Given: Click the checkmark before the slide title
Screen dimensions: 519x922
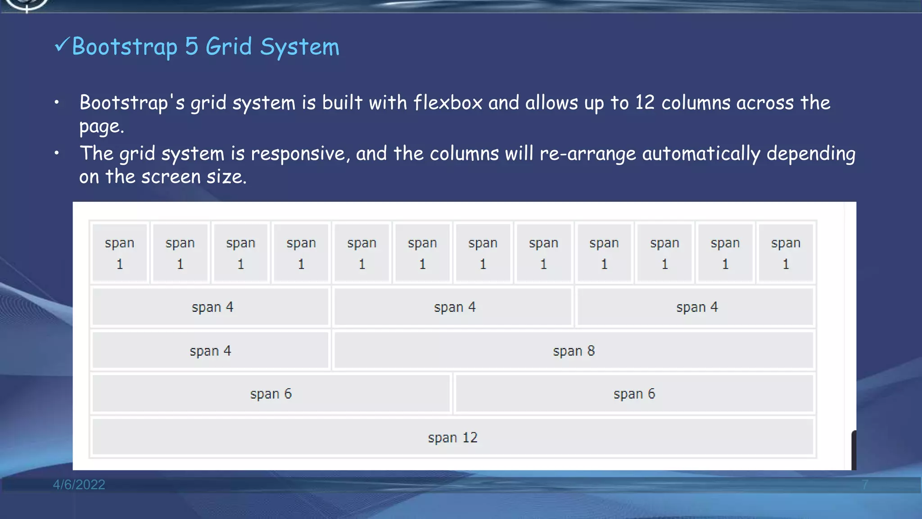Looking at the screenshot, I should pyautogui.click(x=62, y=45).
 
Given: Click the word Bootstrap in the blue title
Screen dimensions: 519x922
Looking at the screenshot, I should pyautogui.click(x=125, y=47).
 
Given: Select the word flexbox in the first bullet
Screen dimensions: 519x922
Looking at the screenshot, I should pyautogui.click(x=448, y=103).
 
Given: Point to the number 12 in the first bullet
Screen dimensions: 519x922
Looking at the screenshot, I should pyautogui.click(x=645, y=103).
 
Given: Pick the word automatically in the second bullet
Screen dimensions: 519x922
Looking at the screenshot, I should pyautogui.click(x=701, y=154).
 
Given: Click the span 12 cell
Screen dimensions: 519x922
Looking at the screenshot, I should pyautogui.click(x=452, y=437).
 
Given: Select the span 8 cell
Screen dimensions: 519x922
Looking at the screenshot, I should pyautogui.click(x=574, y=351).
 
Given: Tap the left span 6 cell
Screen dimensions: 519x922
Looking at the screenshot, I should pyautogui.click(x=271, y=394).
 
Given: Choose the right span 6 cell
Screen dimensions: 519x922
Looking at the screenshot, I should pyautogui.click(x=634, y=394).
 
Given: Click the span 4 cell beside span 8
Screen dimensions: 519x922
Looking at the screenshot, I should pyautogui.click(x=210, y=351).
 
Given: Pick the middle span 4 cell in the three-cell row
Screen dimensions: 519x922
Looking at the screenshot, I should pyautogui.click(x=454, y=307).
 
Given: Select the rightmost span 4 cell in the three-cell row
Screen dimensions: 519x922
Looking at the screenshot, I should pyautogui.click(x=696, y=307).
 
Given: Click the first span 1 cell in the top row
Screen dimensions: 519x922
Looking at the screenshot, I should pyautogui.click(x=120, y=253).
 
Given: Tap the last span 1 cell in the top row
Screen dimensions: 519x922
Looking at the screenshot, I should pyautogui.click(x=786, y=253).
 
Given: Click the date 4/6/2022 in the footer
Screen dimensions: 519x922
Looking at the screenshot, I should pyautogui.click(x=79, y=485).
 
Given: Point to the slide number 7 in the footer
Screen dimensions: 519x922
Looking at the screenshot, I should pyautogui.click(x=865, y=485).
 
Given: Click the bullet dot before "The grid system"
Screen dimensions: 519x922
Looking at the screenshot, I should pyautogui.click(x=57, y=153).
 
